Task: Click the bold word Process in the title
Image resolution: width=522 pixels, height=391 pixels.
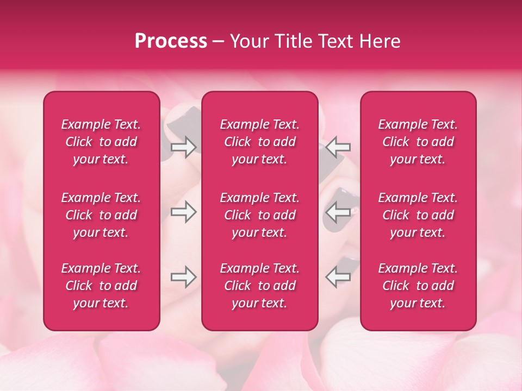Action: (x=171, y=41)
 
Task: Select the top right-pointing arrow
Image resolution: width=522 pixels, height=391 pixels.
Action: (x=183, y=147)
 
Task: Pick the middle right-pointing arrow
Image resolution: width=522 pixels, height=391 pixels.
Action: (x=183, y=212)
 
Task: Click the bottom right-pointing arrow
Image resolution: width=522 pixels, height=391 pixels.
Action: (x=183, y=277)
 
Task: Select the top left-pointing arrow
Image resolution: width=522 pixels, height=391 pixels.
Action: (x=338, y=147)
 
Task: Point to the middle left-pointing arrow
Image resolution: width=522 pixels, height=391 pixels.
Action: (x=338, y=212)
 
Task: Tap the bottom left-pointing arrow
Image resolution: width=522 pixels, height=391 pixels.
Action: (x=338, y=277)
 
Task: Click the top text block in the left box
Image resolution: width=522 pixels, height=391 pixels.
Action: (x=101, y=142)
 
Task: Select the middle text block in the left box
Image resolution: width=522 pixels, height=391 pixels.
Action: (x=101, y=215)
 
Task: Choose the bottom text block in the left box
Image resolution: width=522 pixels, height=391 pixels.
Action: (x=101, y=286)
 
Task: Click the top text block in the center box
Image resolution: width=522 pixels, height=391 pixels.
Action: (x=259, y=142)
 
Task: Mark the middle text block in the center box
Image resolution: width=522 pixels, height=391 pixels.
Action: (x=259, y=215)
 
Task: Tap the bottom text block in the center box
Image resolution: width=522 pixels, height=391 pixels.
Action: (x=259, y=286)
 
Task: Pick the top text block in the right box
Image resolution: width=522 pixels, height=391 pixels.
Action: (x=418, y=142)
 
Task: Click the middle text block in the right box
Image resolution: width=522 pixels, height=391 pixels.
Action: (x=418, y=215)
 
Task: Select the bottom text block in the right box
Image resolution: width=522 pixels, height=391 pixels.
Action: (x=418, y=286)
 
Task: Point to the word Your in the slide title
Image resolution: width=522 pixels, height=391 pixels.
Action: (x=249, y=41)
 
